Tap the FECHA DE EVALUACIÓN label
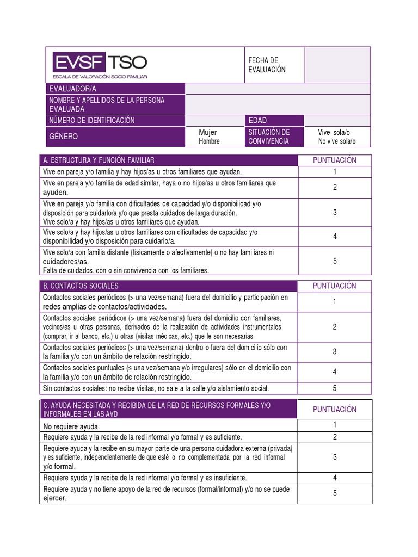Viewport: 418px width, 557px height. point(267,65)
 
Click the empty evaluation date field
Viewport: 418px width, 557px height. point(337,65)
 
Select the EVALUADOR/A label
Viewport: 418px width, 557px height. point(73,89)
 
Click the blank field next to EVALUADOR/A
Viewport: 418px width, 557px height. point(278,89)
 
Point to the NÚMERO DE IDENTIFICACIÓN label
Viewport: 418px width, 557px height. point(92,120)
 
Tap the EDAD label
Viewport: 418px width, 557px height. point(258,120)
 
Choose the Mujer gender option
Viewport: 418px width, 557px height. point(208,132)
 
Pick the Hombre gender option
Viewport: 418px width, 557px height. point(209,141)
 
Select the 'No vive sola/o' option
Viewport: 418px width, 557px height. point(337,141)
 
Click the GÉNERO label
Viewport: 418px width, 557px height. point(64,137)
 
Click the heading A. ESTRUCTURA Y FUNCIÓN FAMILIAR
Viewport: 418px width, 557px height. point(99,160)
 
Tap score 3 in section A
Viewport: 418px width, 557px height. point(335,213)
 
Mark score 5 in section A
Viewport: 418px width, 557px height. point(335,262)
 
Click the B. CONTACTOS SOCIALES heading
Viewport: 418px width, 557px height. point(81,286)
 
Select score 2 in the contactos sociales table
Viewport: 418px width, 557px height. point(335,327)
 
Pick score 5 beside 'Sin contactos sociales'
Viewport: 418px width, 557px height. point(335,388)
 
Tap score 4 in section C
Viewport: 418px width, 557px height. point(335,478)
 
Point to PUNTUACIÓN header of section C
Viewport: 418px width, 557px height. point(335,410)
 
